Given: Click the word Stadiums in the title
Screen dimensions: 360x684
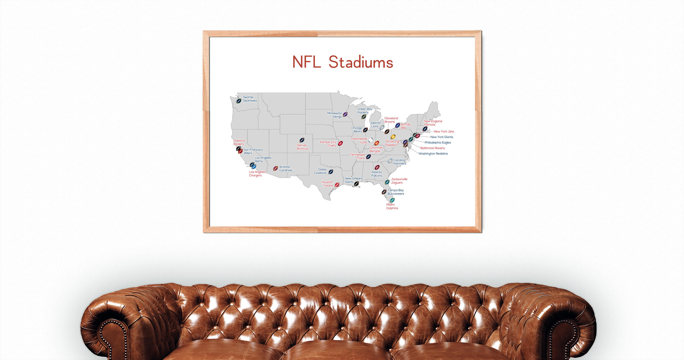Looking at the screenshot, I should pos(361,62).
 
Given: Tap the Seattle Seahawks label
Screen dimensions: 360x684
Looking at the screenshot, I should pos(250,99).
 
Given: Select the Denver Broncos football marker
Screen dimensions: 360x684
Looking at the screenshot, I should pos(302,140).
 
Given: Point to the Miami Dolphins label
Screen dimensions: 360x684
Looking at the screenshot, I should pos(392,206).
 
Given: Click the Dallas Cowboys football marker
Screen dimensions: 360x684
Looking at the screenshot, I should pos(331,172).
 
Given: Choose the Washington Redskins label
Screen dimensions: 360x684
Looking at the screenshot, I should pos(433,153).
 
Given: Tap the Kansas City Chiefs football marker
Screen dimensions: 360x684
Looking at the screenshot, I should pos(340,143).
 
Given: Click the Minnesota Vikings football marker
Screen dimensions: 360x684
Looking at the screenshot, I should pos(345,114).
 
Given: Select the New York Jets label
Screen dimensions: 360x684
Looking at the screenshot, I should pos(444,131).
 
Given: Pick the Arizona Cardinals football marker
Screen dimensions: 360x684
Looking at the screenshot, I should pos(275,168).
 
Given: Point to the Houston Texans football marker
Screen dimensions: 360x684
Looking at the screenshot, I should pos(337,185).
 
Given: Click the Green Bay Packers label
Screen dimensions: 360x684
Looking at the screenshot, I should pos(364,110).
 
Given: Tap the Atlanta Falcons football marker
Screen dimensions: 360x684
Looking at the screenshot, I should pos(377,167).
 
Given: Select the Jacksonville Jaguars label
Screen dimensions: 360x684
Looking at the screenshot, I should pos(399,181).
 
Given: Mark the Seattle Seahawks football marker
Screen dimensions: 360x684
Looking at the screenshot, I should pos(239,101).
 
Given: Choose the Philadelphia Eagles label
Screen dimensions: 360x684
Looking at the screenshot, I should pos(437,142).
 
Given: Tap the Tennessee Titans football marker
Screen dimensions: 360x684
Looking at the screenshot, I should pos(368,157).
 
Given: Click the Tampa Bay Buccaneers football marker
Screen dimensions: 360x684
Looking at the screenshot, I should pos(384,192).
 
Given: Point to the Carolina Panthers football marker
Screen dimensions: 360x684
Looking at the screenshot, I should pos(390,161).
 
